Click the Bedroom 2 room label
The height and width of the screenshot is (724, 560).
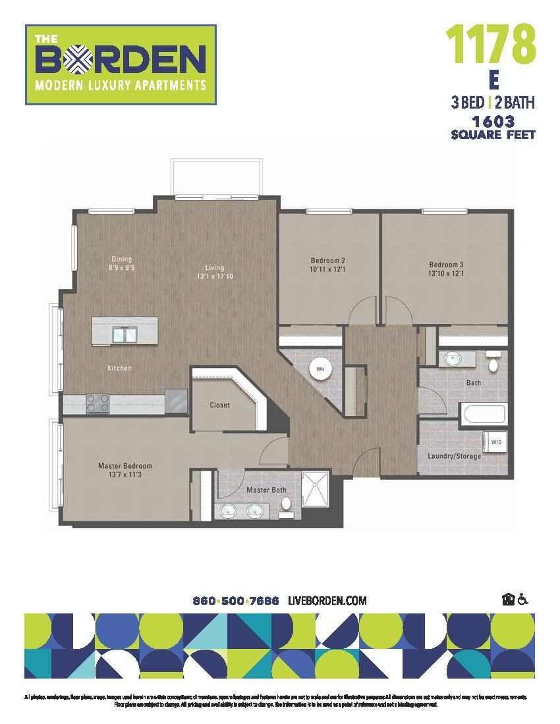(328, 260)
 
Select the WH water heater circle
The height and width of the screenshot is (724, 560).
(321, 369)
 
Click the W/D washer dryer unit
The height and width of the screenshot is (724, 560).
(495, 442)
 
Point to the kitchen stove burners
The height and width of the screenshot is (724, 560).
(97, 403)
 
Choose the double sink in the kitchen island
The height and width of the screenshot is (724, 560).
(123, 335)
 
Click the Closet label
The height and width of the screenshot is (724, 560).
(219, 405)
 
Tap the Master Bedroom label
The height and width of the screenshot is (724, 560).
(125, 466)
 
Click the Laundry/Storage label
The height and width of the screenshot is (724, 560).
(454, 456)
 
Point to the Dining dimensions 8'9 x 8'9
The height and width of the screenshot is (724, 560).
(122, 268)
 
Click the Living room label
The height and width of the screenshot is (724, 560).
(215, 268)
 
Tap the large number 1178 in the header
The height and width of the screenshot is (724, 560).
(491, 44)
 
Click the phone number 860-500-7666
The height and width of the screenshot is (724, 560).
(236, 601)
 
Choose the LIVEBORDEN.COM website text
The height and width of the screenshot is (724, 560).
(327, 601)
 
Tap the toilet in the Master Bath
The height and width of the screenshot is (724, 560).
(286, 504)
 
